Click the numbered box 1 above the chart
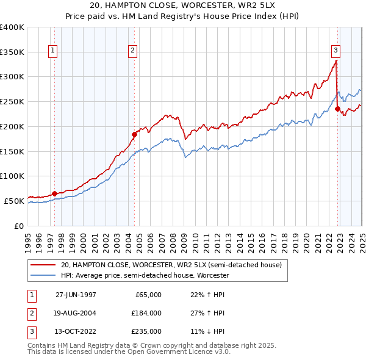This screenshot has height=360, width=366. click(54, 51)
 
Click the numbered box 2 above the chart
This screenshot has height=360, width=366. click(133, 51)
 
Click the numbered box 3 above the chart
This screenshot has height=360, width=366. click(336, 51)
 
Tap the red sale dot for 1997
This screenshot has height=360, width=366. click(55, 193)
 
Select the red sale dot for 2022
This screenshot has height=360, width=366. click(337, 109)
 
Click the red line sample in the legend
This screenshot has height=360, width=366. click(43, 265)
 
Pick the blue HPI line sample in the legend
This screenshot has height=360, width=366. click(43, 276)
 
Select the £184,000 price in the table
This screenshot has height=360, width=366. click(146, 313)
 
